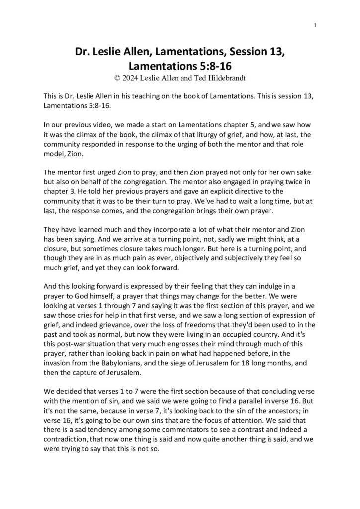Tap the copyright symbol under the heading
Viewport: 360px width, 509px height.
pos(117,77)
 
